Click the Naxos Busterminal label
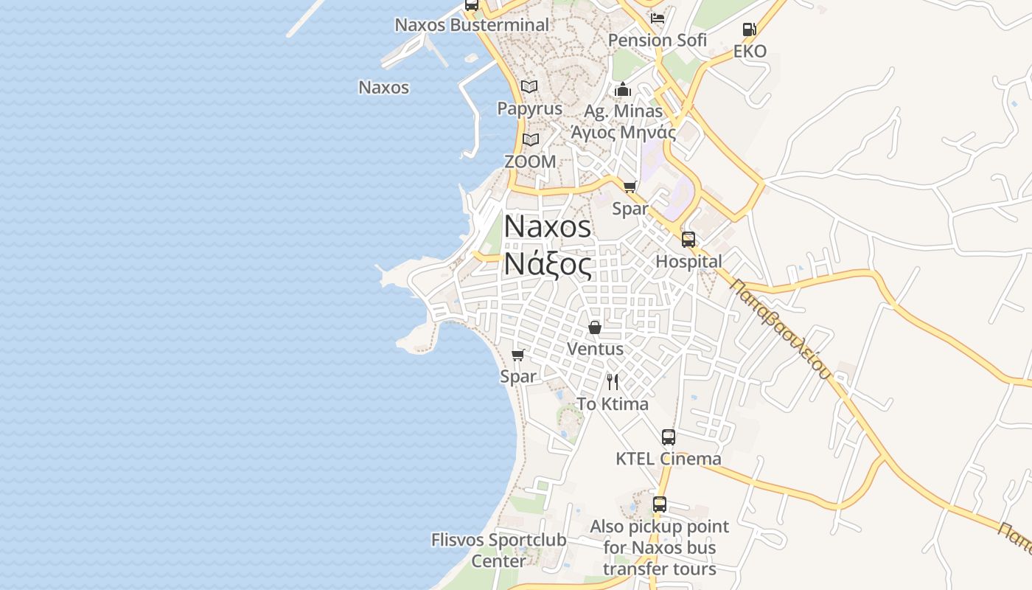472,25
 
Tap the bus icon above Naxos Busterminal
472,5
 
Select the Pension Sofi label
658,41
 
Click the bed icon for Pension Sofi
658,18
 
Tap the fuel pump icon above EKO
749,30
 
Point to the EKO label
750,52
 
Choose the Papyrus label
529,108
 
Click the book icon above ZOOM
530,139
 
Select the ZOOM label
530,161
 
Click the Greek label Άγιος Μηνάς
624,133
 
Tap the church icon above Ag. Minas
623,90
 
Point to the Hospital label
688,262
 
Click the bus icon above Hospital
688,240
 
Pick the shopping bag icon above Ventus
595,327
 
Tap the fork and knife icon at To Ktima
613,382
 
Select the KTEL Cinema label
669,459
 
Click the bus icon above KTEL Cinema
669,437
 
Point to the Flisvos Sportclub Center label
499,550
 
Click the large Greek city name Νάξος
548,264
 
